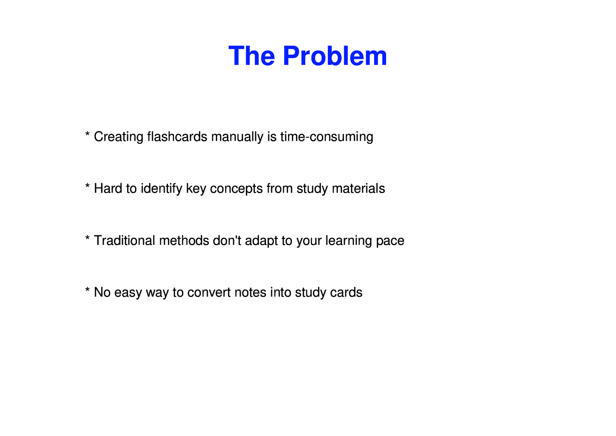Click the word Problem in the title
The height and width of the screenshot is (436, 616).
point(335,56)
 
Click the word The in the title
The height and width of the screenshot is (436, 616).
point(251,56)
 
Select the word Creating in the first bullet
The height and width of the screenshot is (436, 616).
point(119,137)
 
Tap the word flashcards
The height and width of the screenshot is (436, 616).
point(177,137)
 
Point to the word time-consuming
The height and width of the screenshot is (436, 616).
point(326,137)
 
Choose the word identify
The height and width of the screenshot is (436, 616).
point(161,189)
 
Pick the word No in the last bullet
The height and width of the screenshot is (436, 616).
point(102,293)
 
